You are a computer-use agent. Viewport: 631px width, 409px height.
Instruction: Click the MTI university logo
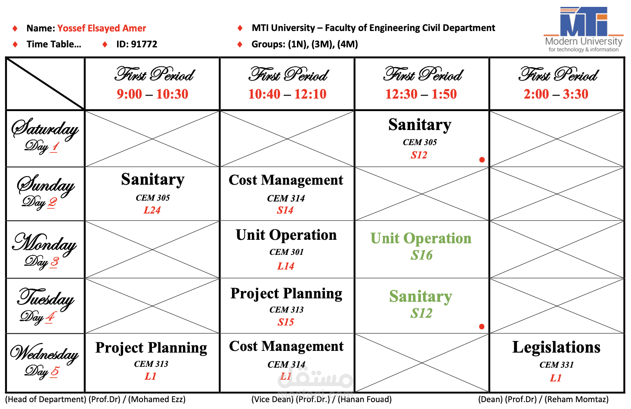(x=583, y=29)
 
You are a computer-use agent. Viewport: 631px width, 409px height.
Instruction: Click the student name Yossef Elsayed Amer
(x=102, y=28)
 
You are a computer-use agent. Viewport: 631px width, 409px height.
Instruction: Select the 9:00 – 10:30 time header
(x=152, y=94)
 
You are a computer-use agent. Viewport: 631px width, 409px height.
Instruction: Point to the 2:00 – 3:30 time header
(x=556, y=94)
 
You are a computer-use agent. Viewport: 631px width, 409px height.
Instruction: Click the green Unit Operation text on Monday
(x=421, y=239)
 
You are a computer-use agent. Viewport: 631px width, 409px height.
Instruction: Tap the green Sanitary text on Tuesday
(x=421, y=296)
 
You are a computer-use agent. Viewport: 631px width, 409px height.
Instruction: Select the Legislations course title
(x=557, y=347)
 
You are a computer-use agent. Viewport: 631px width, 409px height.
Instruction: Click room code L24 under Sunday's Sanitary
(x=152, y=210)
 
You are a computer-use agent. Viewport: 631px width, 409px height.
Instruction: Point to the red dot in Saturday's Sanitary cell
(x=482, y=160)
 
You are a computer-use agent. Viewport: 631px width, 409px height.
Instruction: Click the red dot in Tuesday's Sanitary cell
(x=482, y=326)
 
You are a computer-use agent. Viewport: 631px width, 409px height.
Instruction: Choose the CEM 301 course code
(x=287, y=252)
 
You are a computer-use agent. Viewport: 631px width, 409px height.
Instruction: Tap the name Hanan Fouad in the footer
(x=365, y=400)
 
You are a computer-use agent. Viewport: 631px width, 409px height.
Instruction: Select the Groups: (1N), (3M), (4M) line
(x=305, y=44)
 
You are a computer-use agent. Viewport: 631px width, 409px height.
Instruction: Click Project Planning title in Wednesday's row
(x=151, y=347)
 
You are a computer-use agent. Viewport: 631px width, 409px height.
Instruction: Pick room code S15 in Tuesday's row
(x=286, y=322)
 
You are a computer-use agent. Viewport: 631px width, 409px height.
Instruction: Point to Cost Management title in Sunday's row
(x=286, y=180)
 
